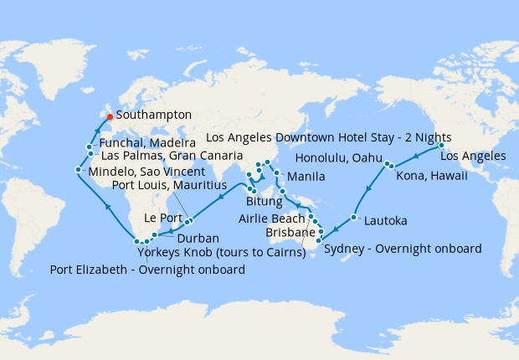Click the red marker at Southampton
(110, 116)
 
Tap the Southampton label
(154, 115)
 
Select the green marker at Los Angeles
(441, 146)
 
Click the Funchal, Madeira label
(147, 144)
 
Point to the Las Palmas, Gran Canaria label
(165, 156)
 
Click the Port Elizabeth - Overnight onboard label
(147, 270)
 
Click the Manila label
(306, 177)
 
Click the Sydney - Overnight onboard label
(402, 249)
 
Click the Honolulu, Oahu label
(337, 158)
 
